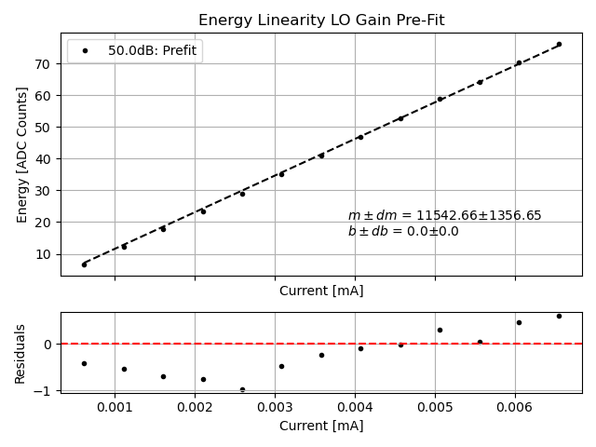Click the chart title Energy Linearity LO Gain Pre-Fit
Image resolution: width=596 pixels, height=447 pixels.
321,20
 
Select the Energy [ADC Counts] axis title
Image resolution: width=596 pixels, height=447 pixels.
22,155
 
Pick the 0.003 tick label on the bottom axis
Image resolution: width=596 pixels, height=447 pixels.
274,407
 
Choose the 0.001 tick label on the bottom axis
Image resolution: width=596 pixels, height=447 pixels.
115,407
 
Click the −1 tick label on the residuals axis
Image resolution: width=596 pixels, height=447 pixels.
47,391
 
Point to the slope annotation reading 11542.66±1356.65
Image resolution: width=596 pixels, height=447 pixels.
444,216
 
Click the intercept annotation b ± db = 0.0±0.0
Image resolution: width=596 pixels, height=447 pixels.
403,232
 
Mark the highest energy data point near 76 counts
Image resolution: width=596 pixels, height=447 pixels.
559,44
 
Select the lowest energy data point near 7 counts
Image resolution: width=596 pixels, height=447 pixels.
84,264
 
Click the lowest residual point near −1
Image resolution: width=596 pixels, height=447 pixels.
242,389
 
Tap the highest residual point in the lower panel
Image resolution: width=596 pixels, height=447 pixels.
559,316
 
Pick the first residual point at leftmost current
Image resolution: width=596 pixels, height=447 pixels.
84,363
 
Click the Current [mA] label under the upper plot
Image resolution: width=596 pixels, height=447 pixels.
321,291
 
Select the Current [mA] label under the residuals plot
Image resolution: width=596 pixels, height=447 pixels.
321,426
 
